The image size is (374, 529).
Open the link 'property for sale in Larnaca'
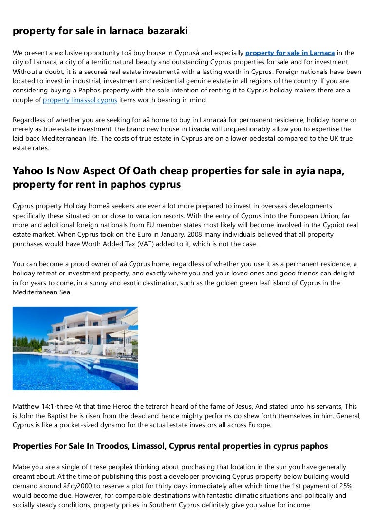click(x=290, y=53)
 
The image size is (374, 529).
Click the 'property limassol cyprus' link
click(x=80, y=100)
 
